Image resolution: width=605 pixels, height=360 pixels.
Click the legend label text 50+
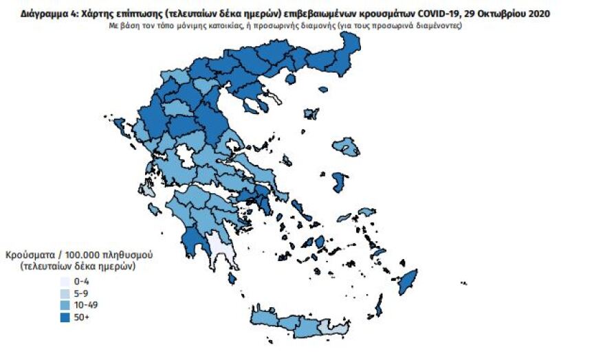coord(81,316)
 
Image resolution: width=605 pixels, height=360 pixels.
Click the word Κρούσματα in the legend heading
coord(27,254)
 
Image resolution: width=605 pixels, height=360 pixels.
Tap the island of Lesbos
coord(346,146)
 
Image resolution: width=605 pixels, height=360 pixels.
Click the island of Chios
coord(338,182)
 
